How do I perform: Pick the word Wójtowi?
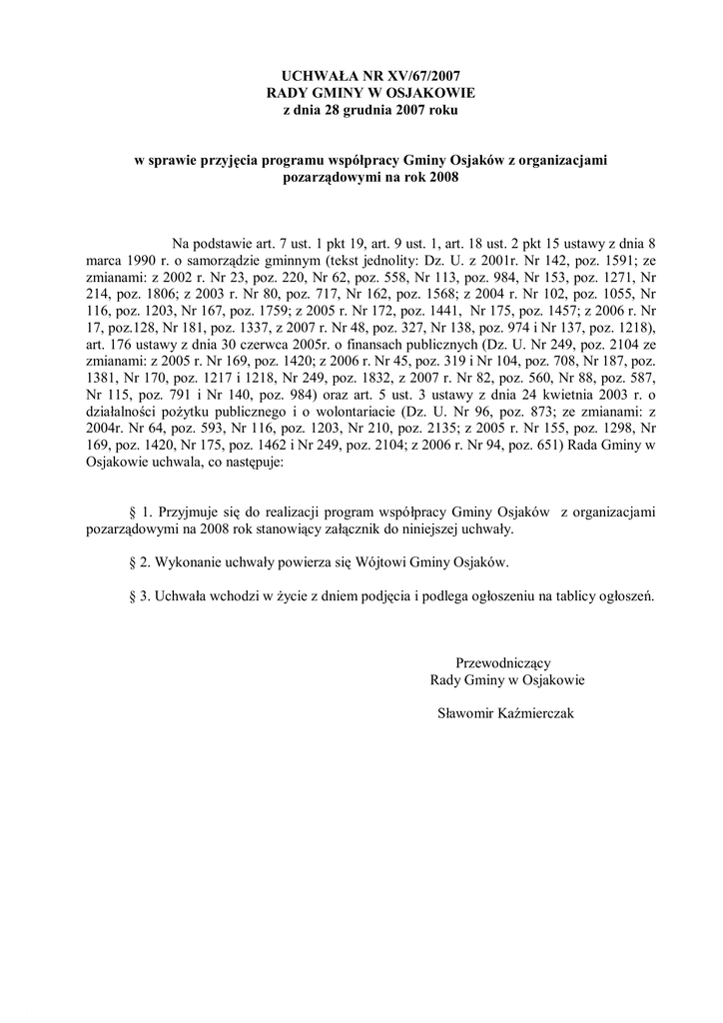tap(379, 562)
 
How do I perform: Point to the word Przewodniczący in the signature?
tap(503, 662)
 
